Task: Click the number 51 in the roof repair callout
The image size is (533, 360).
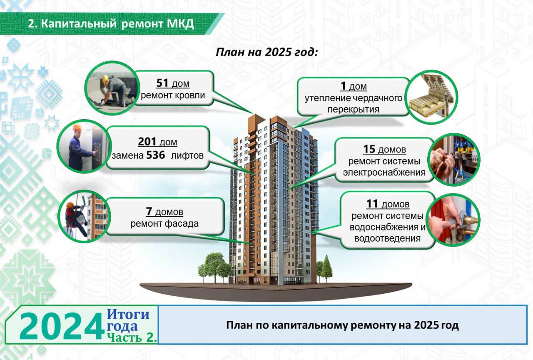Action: coord(162,83)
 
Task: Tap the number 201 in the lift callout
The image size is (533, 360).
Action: coord(147,141)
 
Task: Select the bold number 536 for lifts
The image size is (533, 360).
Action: coord(156,155)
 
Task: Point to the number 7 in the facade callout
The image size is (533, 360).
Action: coord(149,211)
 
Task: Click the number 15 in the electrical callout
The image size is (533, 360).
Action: coord(369,149)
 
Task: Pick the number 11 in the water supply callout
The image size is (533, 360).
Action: coord(372,204)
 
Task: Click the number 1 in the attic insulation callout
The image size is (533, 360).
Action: coord(343,86)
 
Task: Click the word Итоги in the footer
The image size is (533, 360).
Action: coord(128,314)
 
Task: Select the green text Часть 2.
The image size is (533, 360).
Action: coord(132,337)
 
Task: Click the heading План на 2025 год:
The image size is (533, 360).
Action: coord(267,52)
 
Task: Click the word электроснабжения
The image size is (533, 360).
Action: coord(384,172)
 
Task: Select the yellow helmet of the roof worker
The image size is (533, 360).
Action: coord(105,79)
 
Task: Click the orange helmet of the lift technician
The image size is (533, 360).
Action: coord(77,127)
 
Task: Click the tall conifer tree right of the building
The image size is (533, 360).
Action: coord(327,268)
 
